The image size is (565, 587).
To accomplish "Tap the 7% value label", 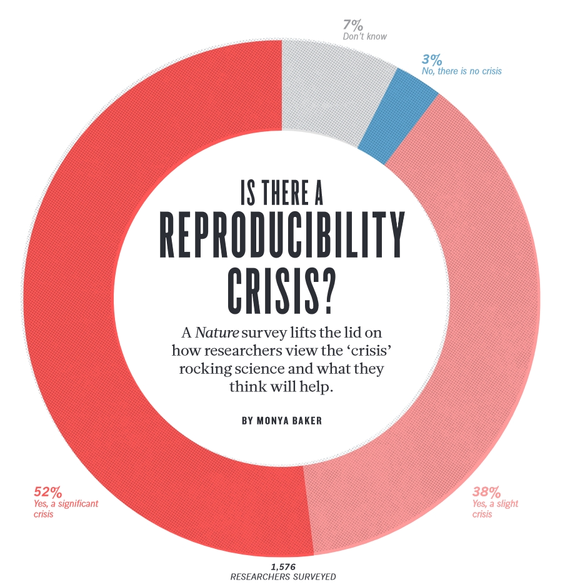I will (x=352, y=26).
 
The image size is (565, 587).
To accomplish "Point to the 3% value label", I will (x=432, y=60).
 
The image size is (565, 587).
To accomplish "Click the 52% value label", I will (x=47, y=492).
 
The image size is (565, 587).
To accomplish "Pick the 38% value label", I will (x=486, y=492).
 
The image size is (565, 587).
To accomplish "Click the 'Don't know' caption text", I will (x=365, y=36).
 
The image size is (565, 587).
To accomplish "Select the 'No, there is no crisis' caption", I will (x=461, y=71).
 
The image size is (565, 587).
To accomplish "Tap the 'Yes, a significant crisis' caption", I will (x=66, y=508).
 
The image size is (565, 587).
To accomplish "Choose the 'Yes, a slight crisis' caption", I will (x=495, y=508).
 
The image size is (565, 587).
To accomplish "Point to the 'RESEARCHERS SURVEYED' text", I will (x=283, y=576).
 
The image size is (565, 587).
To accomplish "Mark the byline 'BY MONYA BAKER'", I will (x=282, y=421).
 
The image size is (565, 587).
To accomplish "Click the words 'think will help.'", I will (x=282, y=387).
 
